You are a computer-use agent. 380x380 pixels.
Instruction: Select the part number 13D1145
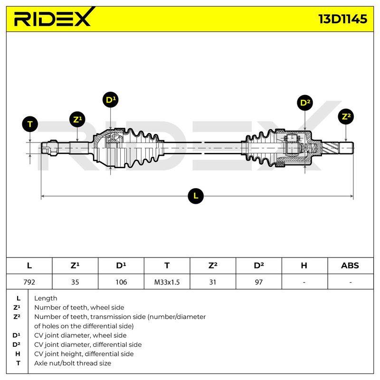pyautogui.click(x=342, y=19)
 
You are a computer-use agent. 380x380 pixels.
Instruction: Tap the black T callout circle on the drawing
pyautogui.click(x=30, y=124)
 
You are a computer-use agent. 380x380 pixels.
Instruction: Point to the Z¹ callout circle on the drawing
pyautogui.click(x=77, y=119)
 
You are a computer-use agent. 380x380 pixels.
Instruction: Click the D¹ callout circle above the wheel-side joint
pyautogui.click(x=111, y=100)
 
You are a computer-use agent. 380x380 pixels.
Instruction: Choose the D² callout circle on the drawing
pyautogui.click(x=305, y=103)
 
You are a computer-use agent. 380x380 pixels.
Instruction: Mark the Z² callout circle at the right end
pyautogui.click(x=346, y=117)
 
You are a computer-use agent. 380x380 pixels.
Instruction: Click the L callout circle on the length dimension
pyautogui.click(x=196, y=196)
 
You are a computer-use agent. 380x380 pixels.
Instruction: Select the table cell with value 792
pyautogui.click(x=29, y=282)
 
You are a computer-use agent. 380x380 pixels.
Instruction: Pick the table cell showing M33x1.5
pyautogui.click(x=167, y=282)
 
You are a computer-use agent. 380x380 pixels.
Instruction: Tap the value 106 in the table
pyautogui.click(x=121, y=282)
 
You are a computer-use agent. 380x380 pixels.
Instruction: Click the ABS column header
pyautogui.click(x=350, y=266)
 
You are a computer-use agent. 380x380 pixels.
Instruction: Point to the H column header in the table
pyautogui.click(x=304, y=266)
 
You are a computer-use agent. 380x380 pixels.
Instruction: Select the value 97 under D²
pyautogui.click(x=258, y=282)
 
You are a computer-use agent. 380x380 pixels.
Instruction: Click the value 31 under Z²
pyautogui.click(x=212, y=282)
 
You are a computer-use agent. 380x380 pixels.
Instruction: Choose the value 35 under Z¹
pyautogui.click(x=75, y=282)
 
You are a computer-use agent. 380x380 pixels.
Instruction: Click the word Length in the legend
pyautogui.click(x=46, y=298)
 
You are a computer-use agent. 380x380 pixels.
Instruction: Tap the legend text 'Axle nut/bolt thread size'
pyautogui.click(x=73, y=363)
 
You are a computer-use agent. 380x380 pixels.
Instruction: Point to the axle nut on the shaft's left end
pyautogui.click(x=53, y=148)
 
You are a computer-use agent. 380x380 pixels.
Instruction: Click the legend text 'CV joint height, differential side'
pyautogui.click(x=84, y=354)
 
